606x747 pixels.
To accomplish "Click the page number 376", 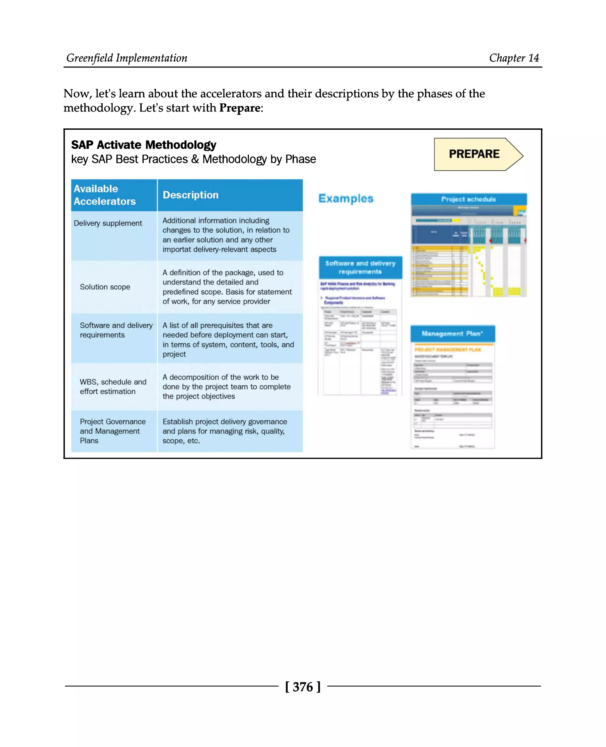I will (303, 687).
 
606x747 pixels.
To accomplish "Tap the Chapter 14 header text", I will (514, 58).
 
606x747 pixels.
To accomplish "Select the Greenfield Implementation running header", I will (127, 58).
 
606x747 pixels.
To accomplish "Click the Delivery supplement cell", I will (108, 223).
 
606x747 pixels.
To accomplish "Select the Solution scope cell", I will (105, 287).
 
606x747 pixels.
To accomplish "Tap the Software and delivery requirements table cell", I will (116, 330).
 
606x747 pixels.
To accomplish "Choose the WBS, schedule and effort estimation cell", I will (113, 386).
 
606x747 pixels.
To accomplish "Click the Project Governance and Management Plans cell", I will (112, 431).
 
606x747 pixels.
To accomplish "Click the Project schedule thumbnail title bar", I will (468, 199).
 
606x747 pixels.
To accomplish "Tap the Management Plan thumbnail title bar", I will (452, 333).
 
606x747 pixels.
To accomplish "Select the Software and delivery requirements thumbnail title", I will (360, 267).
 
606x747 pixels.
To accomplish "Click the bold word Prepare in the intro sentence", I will (240, 108).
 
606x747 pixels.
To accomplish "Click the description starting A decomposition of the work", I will (226, 386).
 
